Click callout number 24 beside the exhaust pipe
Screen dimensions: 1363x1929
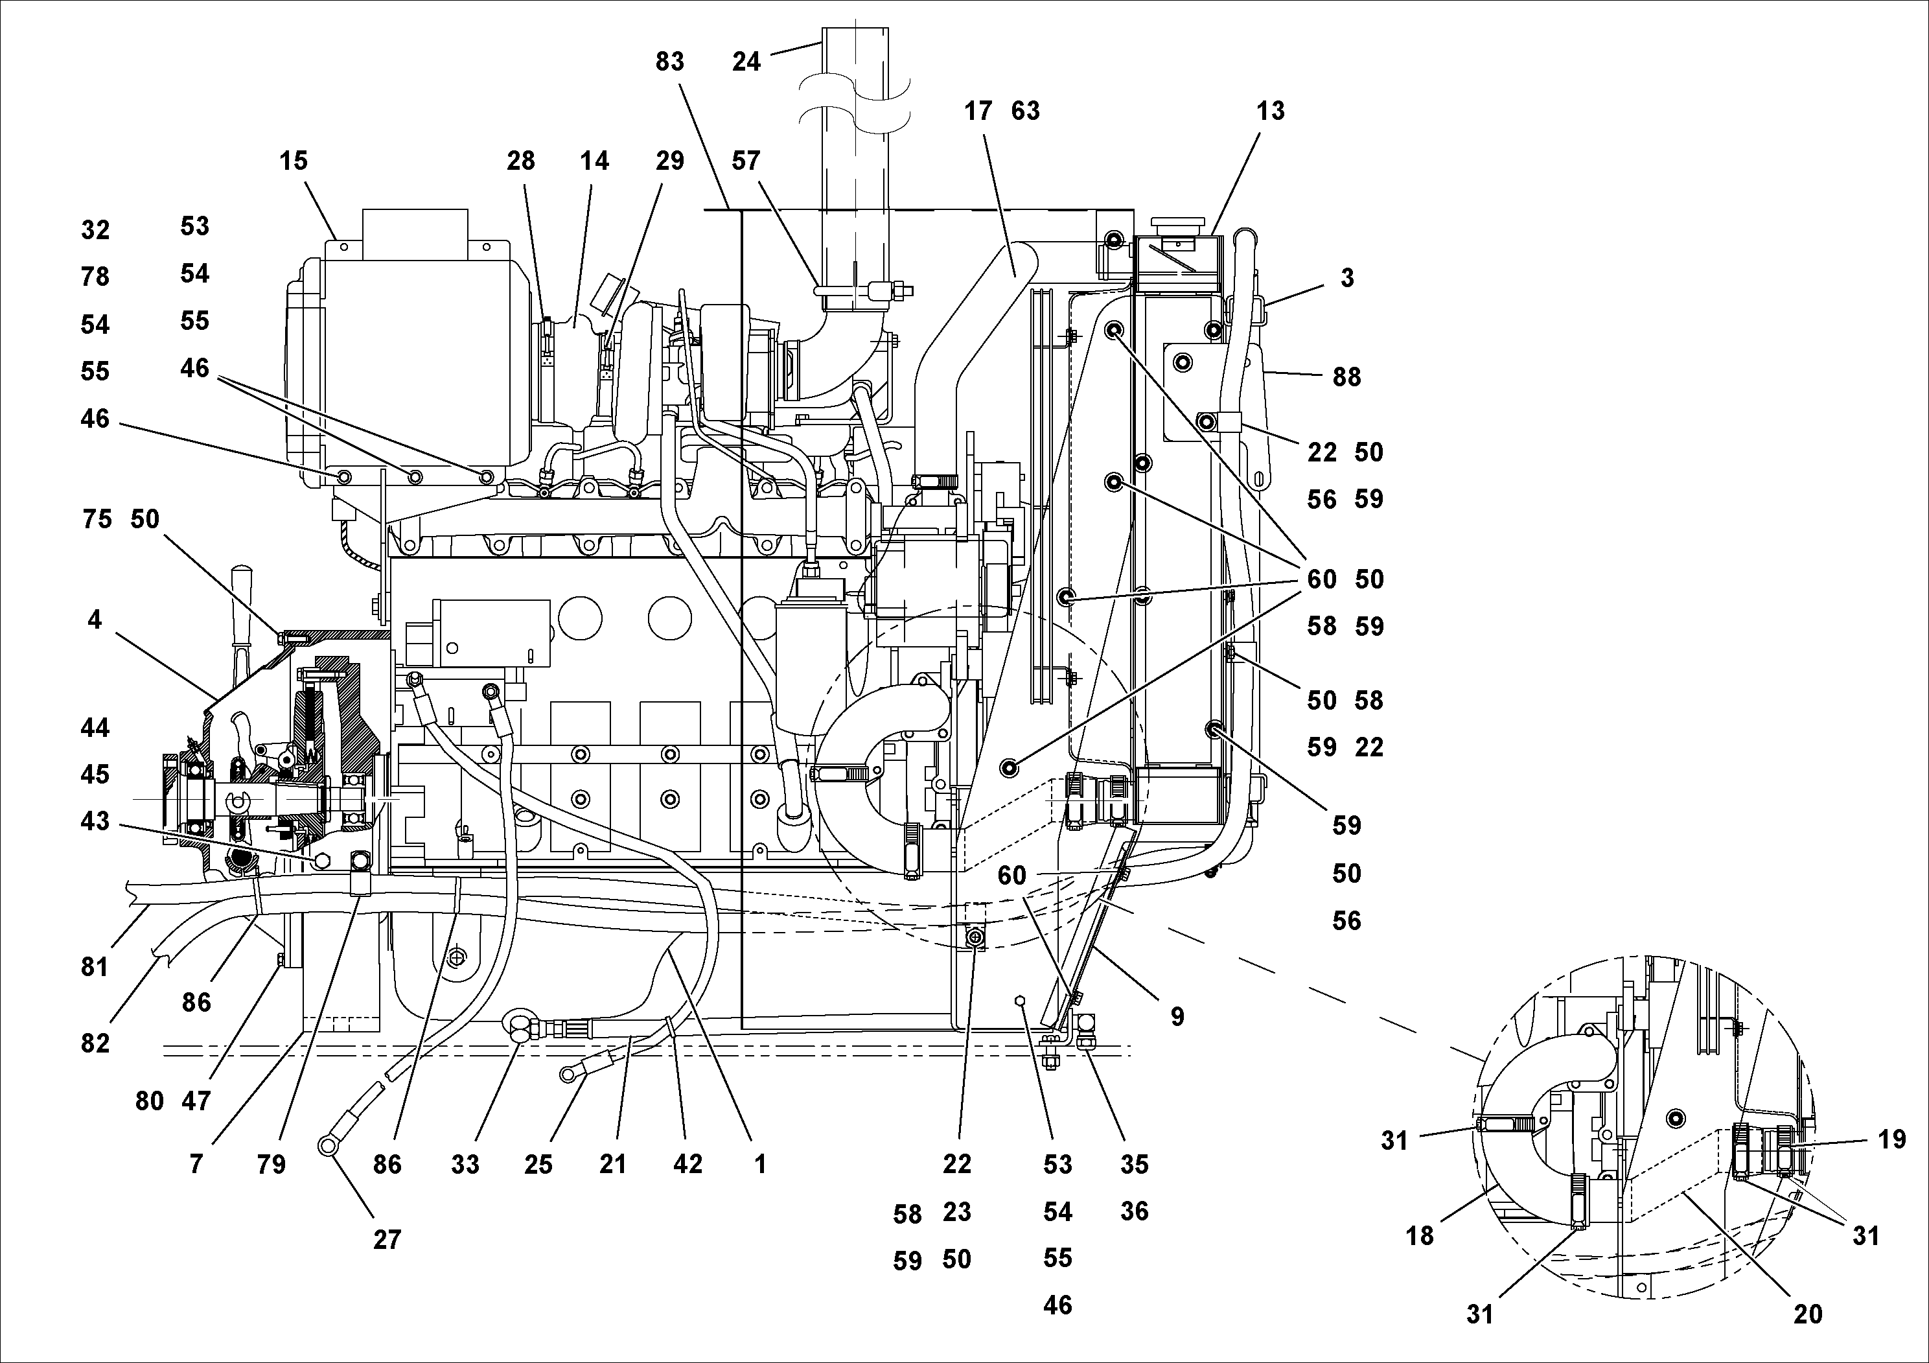point(745,62)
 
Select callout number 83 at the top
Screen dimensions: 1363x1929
point(669,62)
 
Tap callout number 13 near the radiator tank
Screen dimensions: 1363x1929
point(1270,111)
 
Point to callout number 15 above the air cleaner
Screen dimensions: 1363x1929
point(294,161)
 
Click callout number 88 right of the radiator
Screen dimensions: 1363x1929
point(1346,377)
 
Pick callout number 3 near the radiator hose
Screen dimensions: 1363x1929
point(1346,278)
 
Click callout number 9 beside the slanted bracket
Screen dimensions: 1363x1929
point(1177,1017)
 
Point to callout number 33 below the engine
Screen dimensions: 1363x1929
point(465,1164)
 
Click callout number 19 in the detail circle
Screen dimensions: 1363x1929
point(1891,1139)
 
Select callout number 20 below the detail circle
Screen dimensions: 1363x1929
point(1807,1314)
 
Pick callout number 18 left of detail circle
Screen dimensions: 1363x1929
point(1420,1236)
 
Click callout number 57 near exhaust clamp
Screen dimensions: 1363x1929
point(745,161)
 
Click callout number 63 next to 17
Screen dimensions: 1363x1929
point(1025,111)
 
